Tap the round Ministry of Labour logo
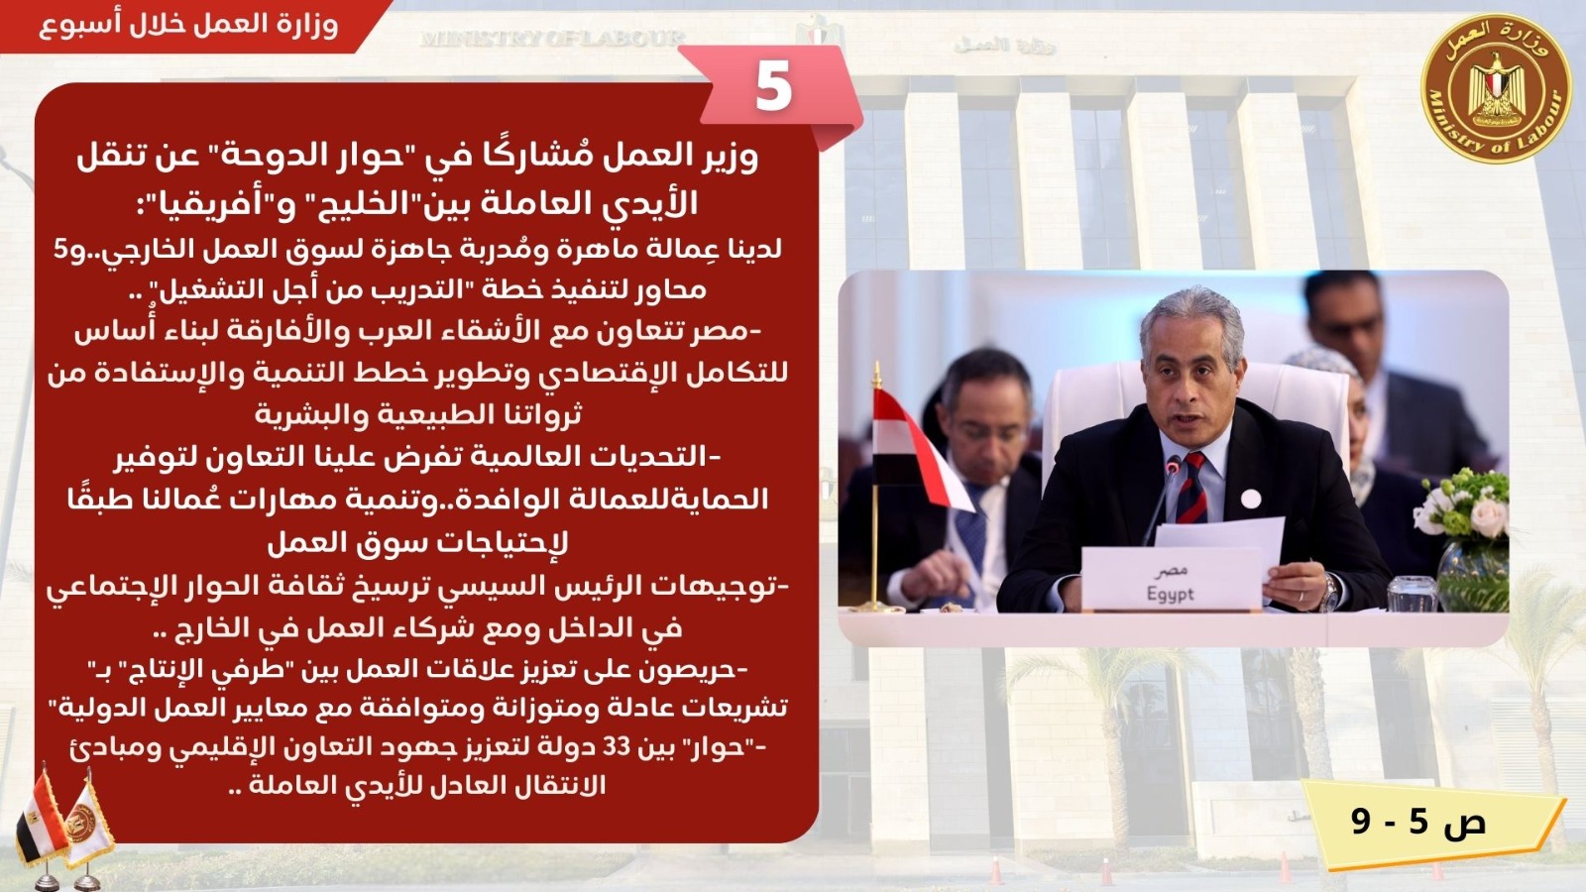click(1496, 88)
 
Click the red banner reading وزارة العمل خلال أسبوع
click(188, 26)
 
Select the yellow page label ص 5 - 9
click(1418, 822)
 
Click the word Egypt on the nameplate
click(1171, 595)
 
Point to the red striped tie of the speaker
click(1192, 489)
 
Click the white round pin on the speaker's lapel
click(1251, 500)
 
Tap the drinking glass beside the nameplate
click(1412, 594)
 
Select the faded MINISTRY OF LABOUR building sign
click(552, 39)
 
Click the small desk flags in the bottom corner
click(63, 829)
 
